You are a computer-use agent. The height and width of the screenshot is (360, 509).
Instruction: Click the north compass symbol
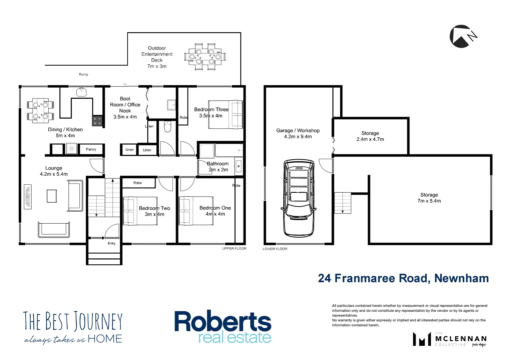point(462,36)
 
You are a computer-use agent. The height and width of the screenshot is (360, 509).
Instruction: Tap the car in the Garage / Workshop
point(299,198)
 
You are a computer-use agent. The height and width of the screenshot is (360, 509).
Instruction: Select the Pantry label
point(91,149)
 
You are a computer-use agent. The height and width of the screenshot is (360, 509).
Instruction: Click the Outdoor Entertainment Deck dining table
point(205,57)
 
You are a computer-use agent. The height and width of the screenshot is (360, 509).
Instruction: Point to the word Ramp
point(84,74)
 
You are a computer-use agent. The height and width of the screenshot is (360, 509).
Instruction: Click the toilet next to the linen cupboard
point(168,127)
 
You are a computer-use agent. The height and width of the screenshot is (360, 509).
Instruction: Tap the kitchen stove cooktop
point(97,121)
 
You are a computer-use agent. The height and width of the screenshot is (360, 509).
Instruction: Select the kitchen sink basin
point(82,92)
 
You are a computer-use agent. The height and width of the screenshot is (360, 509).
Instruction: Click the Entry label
point(112,243)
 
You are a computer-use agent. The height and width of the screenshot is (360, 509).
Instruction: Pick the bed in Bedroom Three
point(226,114)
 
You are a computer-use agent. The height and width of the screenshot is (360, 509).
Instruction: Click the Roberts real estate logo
point(223,327)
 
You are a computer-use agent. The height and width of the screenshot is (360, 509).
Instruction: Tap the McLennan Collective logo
point(450,339)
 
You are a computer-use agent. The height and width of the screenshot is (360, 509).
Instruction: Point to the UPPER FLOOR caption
point(234,249)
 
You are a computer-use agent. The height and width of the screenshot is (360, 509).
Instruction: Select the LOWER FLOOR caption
point(275,249)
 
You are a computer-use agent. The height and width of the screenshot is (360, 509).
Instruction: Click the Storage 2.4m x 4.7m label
point(370,136)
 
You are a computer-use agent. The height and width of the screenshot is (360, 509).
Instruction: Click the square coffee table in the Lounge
point(52,196)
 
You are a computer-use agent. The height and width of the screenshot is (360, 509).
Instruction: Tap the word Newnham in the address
point(461,278)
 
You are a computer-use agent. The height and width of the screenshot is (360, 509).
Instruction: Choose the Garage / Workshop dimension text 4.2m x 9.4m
point(298,137)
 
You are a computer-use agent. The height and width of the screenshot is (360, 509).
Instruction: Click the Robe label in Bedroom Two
point(138,183)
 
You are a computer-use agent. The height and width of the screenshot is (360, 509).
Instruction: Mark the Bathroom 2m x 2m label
point(218,167)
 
